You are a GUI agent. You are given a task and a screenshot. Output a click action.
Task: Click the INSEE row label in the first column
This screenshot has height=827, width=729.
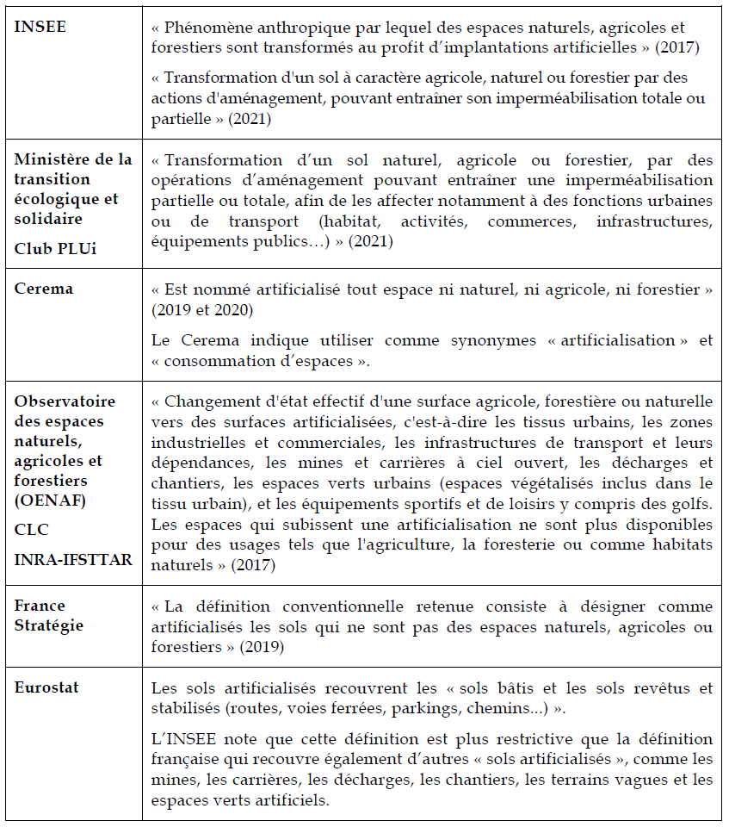[x=40, y=27]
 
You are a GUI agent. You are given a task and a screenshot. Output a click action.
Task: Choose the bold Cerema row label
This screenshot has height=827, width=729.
[x=44, y=289]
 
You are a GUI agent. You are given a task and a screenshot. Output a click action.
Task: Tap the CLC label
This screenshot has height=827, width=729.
[x=31, y=530]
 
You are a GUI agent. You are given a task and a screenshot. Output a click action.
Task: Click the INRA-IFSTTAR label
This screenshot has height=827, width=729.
[x=73, y=560]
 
